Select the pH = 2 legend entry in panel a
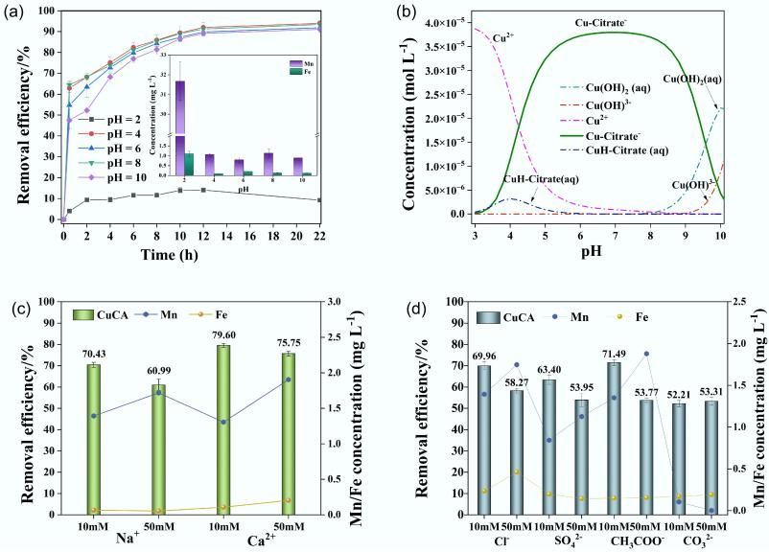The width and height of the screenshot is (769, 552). pyautogui.click(x=122, y=117)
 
